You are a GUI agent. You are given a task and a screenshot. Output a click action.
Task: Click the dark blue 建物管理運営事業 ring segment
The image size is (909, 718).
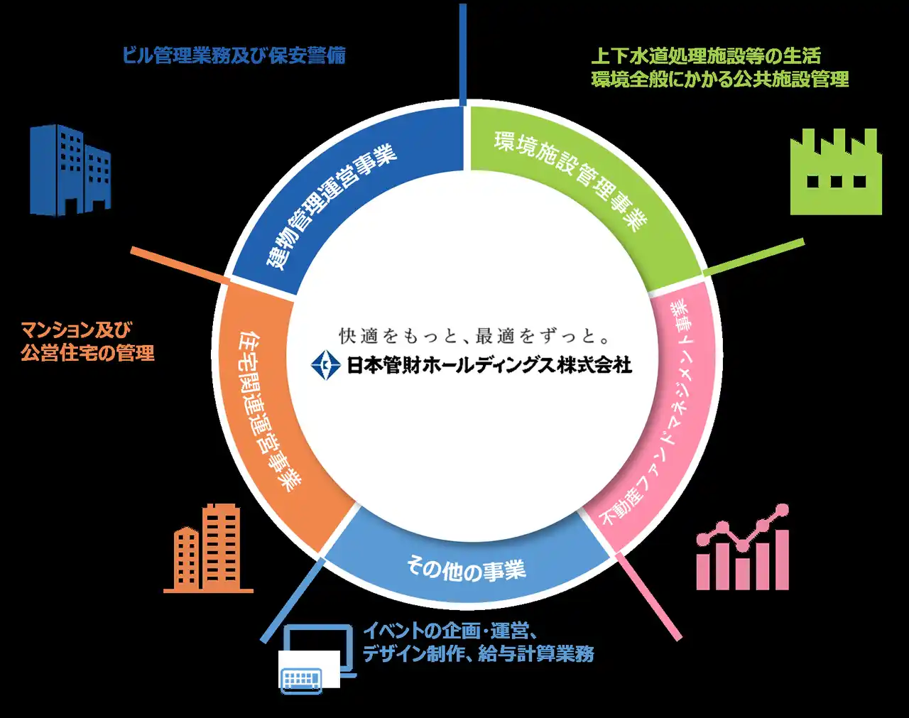click(327, 206)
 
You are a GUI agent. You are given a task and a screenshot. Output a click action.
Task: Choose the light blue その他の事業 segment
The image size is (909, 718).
click(466, 568)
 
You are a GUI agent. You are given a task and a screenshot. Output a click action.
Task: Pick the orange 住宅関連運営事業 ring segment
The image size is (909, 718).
click(266, 412)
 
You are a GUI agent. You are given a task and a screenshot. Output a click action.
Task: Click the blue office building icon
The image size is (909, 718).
click(70, 170)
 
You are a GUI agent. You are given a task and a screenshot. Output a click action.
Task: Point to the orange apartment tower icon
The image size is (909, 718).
click(208, 548)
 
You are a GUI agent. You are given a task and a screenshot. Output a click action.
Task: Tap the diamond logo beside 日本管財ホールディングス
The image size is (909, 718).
click(326, 365)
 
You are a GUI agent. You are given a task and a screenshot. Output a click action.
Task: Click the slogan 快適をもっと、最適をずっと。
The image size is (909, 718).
click(475, 335)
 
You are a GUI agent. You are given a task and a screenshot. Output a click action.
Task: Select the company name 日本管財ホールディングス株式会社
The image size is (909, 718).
click(489, 365)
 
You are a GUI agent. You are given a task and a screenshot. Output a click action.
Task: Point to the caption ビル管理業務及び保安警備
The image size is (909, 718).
click(234, 55)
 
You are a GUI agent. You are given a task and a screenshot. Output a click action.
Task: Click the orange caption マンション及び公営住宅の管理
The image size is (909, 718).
click(87, 341)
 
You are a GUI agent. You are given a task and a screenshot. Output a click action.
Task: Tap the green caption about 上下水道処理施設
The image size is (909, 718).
click(719, 67)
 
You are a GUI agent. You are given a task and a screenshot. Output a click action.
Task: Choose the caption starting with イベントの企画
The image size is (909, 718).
click(478, 642)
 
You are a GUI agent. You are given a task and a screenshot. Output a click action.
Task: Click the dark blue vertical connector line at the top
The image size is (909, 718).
click(463, 53)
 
